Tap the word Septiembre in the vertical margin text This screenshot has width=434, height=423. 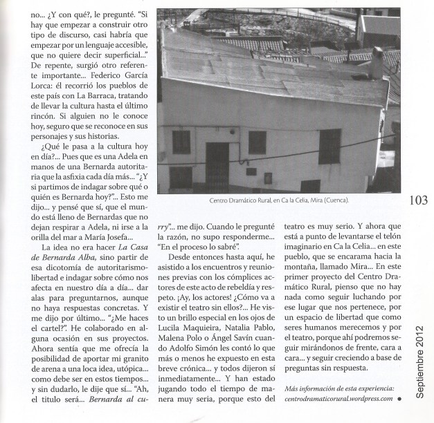pos(421,357)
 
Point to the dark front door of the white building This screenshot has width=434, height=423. pos(217,167)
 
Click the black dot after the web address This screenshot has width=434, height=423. pos(399,399)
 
